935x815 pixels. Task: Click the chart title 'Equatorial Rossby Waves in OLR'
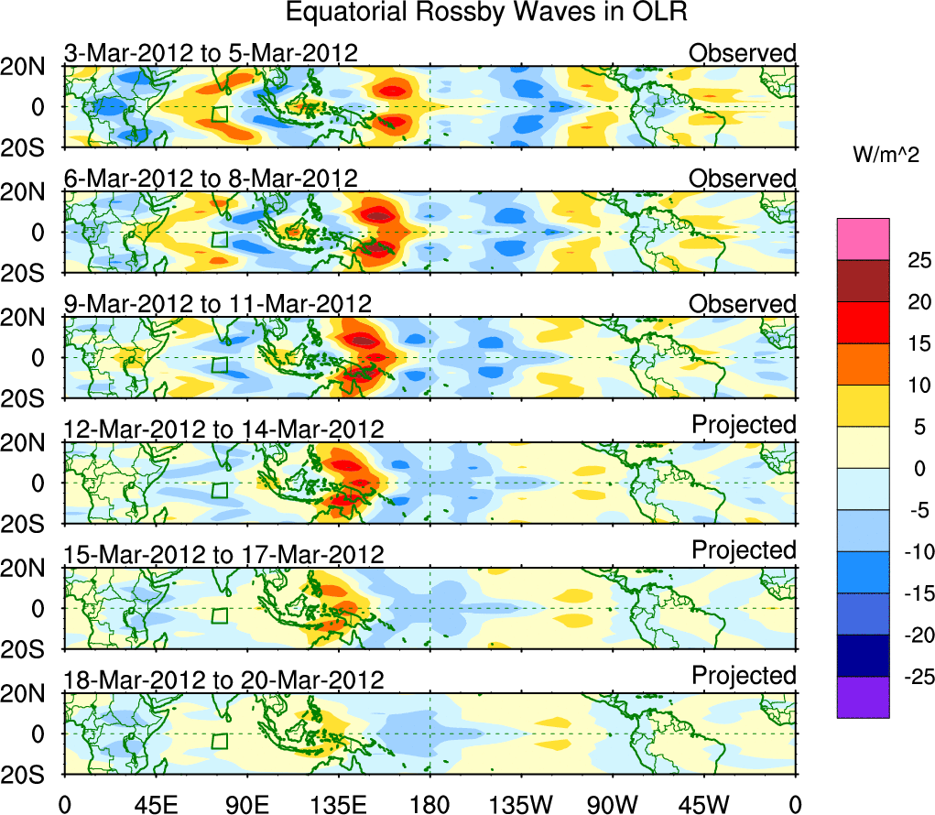(486, 13)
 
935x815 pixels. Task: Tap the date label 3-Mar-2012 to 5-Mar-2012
(211, 53)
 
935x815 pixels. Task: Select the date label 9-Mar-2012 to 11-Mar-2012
(218, 303)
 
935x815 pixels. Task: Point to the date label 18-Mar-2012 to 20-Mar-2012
(223, 679)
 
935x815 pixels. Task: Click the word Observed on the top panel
(743, 53)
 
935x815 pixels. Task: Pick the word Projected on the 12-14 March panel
(744, 425)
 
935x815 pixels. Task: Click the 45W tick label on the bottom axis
(705, 803)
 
